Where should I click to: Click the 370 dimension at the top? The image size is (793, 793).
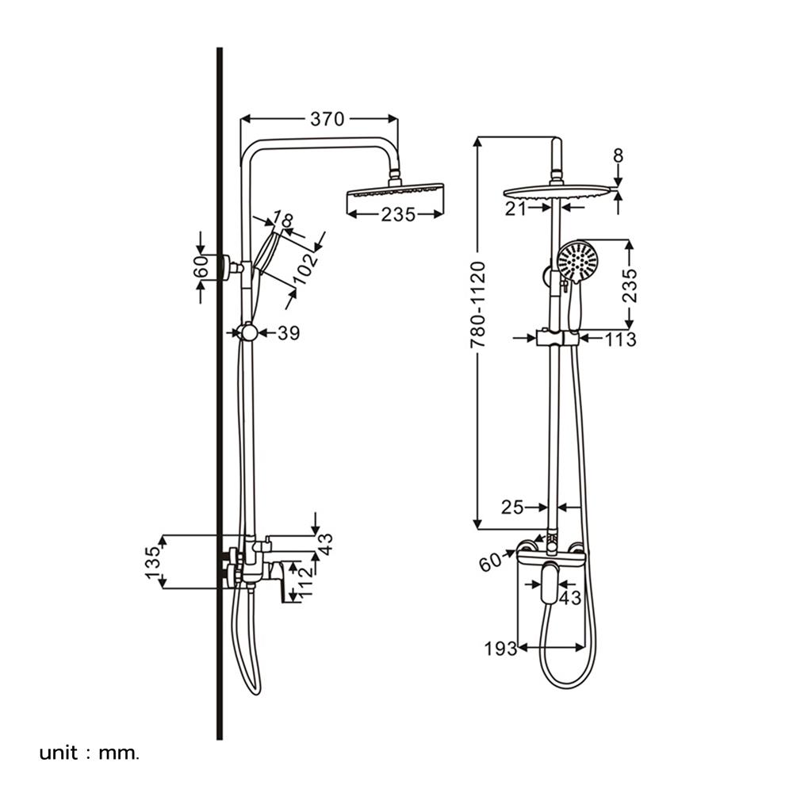pyautogui.click(x=327, y=120)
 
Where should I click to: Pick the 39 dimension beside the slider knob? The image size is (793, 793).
pyautogui.click(x=289, y=334)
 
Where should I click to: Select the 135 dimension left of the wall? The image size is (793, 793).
pyautogui.click(x=153, y=561)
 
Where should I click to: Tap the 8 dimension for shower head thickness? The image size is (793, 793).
pyautogui.click(x=618, y=156)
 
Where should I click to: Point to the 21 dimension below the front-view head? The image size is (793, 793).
pyautogui.click(x=517, y=208)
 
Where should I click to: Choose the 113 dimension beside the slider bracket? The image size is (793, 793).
pyautogui.click(x=620, y=339)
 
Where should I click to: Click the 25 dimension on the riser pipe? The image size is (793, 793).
pyautogui.click(x=512, y=507)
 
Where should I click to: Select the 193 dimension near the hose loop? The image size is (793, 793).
pyautogui.click(x=500, y=649)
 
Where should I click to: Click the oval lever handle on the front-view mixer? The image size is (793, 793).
pyautogui.click(x=548, y=583)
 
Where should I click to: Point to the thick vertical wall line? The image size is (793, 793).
pyautogui.click(x=219, y=396)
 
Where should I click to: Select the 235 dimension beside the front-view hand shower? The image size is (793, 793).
pyautogui.click(x=630, y=284)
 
